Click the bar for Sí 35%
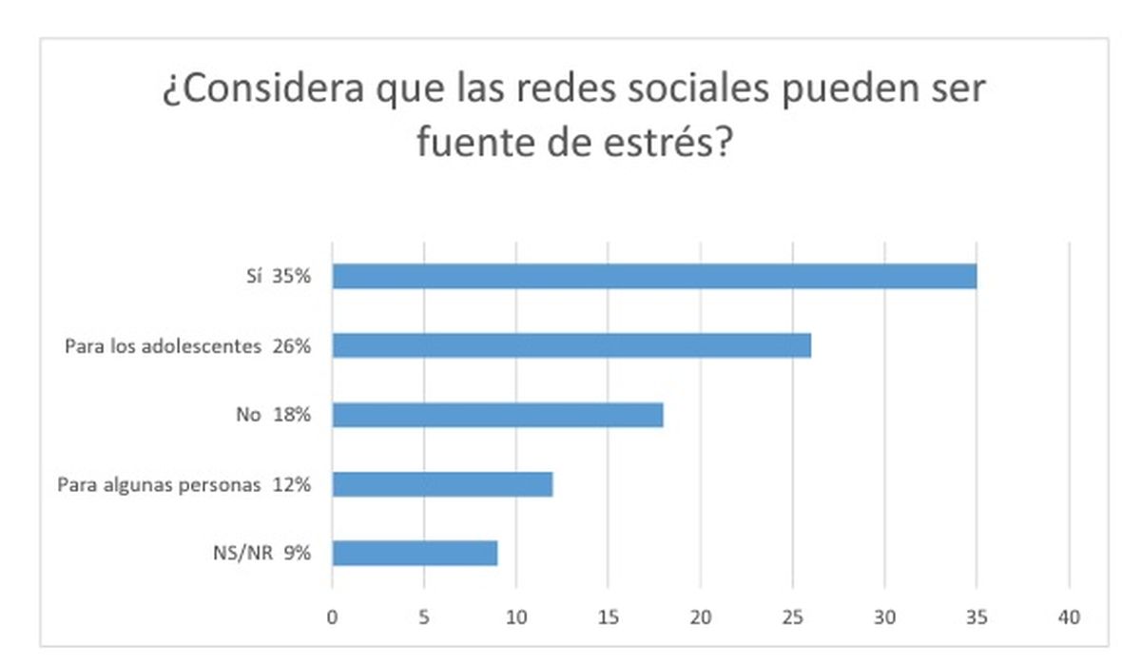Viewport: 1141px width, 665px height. click(x=654, y=276)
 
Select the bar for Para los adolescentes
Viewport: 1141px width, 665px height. click(x=571, y=345)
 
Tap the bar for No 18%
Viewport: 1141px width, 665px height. click(x=497, y=415)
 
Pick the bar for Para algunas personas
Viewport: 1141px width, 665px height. click(x=442, y=484)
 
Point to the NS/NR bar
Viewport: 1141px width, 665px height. click(x=415, y=554)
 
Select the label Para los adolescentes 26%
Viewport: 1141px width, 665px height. click(x=187, y=346)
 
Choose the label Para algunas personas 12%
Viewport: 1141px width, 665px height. click(x=184, y=485)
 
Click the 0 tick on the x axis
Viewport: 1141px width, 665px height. click(x=332, y=618)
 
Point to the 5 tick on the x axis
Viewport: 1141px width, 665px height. click(x=424, y=618)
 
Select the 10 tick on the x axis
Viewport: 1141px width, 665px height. click(x=516, y=618)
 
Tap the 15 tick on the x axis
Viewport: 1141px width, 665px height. click(x=609, y=618)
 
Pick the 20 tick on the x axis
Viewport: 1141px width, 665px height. click(x=701, y=618)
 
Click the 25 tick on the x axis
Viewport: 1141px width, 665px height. click(x=793, y=618)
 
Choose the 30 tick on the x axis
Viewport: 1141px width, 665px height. click(x=885, y=618)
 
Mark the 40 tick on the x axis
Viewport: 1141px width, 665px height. click(x=1070, y=618)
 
